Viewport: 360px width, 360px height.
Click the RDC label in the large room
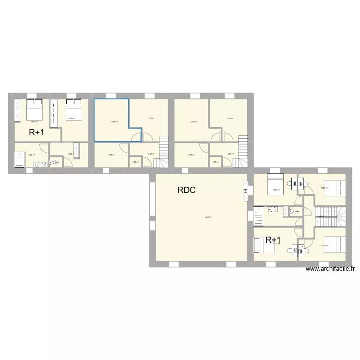click(x=187, y=190)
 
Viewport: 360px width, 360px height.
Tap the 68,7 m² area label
click(x=208, y=217)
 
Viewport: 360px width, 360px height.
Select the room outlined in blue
click(x=111, y=120)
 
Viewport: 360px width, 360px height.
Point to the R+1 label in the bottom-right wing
click(x=273, y=240)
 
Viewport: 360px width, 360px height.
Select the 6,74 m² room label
click(x=111, y=155)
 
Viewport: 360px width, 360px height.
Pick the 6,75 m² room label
click(x=191, y=155)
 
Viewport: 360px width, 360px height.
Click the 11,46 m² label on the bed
click(x=276, y=190)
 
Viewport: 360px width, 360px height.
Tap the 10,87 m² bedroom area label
click(x=324, y=188)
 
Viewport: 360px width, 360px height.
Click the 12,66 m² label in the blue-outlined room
click(x=114, y=122)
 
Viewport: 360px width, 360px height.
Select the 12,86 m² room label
click(x=193, y=122)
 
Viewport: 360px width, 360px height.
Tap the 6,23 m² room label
click(x=70, y=154)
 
